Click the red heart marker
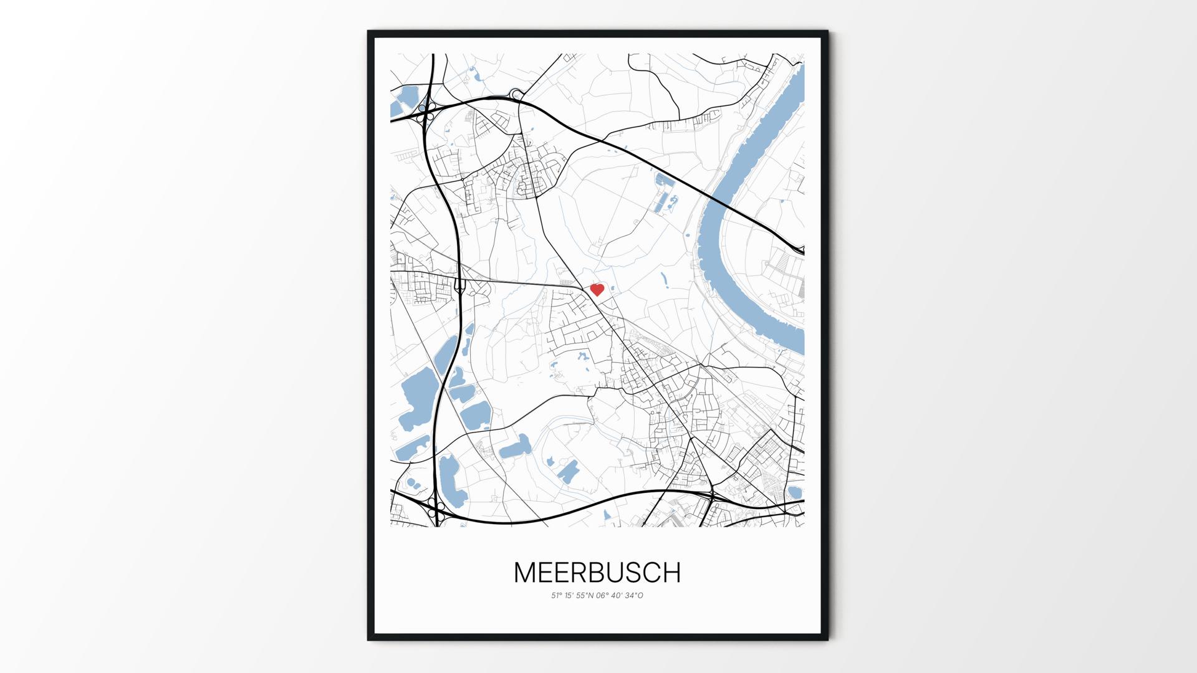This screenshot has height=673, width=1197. point(597,290)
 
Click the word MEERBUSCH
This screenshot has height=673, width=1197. point(597,573)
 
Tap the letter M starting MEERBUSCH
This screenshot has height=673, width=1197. point(525,573)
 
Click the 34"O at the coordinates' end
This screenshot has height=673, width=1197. point(635,596)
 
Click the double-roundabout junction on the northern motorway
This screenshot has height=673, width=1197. point(516,95)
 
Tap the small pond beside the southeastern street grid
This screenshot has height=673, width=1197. point(794,492)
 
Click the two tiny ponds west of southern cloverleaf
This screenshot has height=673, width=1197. point(412,483)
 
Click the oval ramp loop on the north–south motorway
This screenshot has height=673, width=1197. point(461,285)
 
